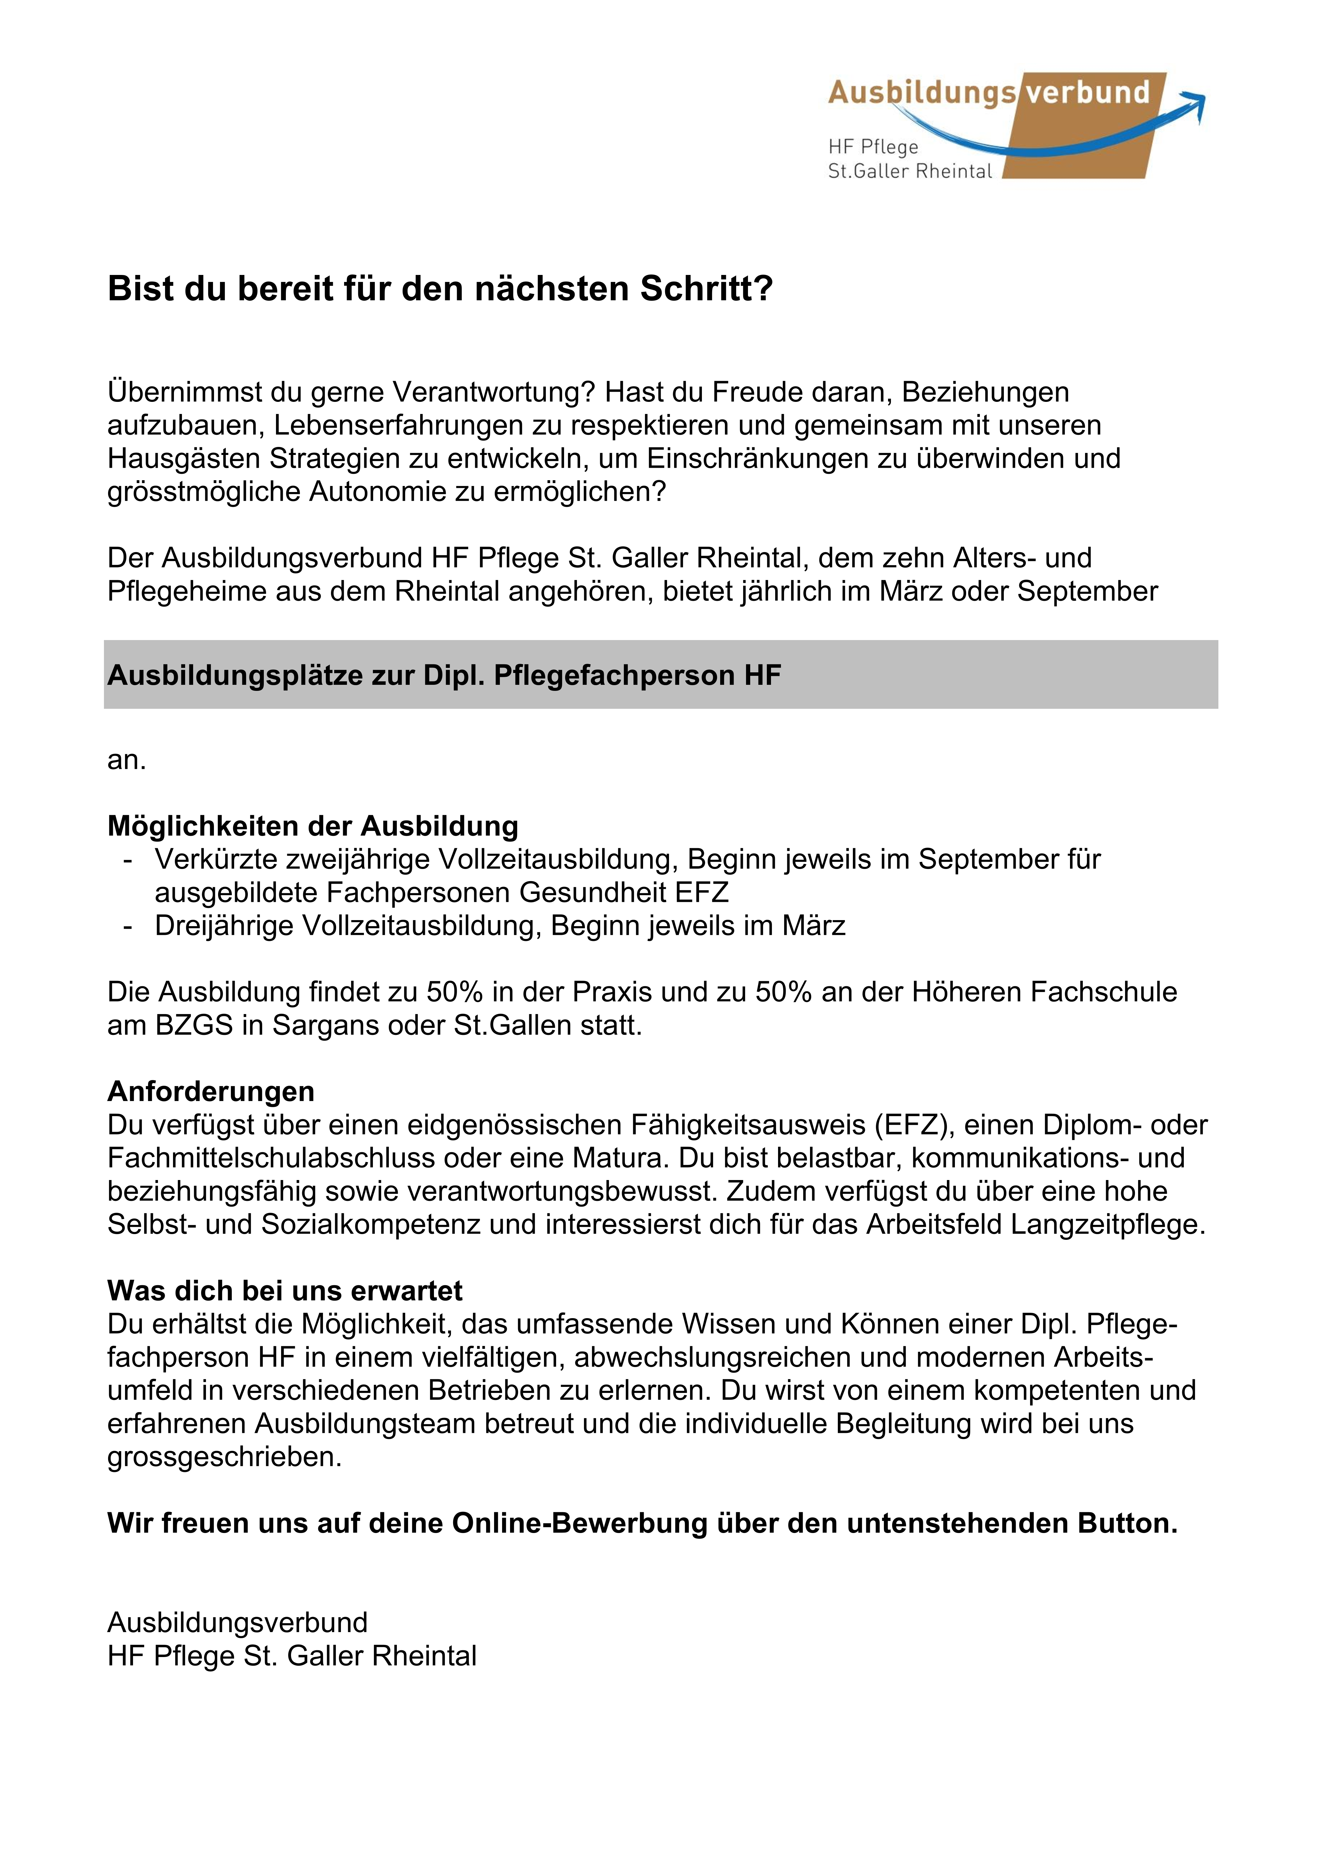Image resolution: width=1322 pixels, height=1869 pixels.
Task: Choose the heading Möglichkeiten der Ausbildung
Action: [x=312, y=826]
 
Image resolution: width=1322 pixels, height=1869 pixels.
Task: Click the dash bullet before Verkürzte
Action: [x=128, y=860]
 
